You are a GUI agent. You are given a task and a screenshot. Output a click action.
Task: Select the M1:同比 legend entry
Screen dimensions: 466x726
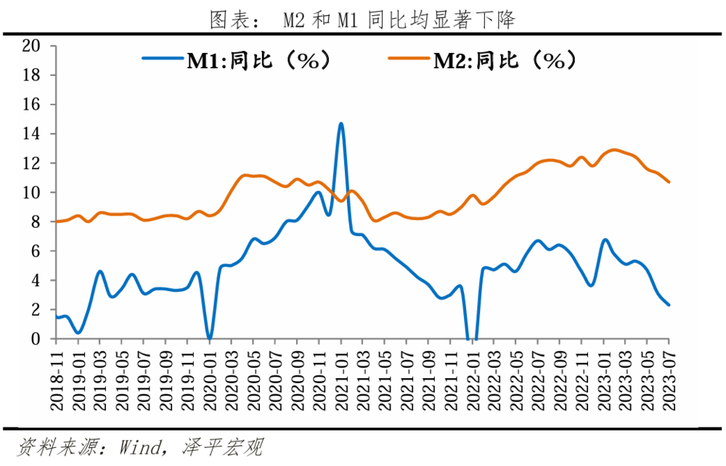click(239, 60)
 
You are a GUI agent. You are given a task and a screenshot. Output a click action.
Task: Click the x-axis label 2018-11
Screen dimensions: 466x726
click(57, 378)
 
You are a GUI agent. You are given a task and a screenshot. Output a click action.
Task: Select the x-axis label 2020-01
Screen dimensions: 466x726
click(210, 378)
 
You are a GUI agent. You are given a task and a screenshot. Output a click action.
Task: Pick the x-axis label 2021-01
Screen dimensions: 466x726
click(341, 378)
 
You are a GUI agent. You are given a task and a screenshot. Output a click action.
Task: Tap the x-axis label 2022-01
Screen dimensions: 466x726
click(472, 378)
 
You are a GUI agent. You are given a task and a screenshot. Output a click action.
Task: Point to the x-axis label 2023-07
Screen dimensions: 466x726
click(669, 378)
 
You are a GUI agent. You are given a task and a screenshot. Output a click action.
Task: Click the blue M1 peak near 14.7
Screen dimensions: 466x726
click(340, 124)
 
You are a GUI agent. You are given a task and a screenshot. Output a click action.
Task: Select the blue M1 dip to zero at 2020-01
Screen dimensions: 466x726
click(209, 338)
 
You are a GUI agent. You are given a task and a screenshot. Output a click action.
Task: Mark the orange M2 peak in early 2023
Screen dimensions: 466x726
click(614, 150)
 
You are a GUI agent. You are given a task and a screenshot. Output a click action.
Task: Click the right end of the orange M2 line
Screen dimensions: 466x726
click(668, 181)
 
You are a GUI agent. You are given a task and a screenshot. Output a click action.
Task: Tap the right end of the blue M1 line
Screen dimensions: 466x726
click(668, 305)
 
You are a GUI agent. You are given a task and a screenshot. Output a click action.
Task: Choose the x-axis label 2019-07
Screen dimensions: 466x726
click(144, 378)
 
